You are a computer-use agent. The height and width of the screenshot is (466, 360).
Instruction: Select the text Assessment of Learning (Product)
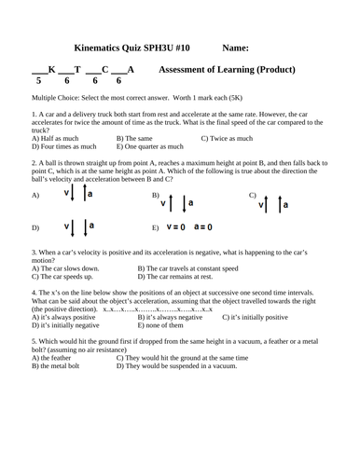coord(228,70)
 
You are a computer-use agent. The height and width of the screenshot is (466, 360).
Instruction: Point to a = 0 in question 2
coord(203,226)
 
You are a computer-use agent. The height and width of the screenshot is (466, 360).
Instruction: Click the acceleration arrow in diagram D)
coord(86,226)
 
